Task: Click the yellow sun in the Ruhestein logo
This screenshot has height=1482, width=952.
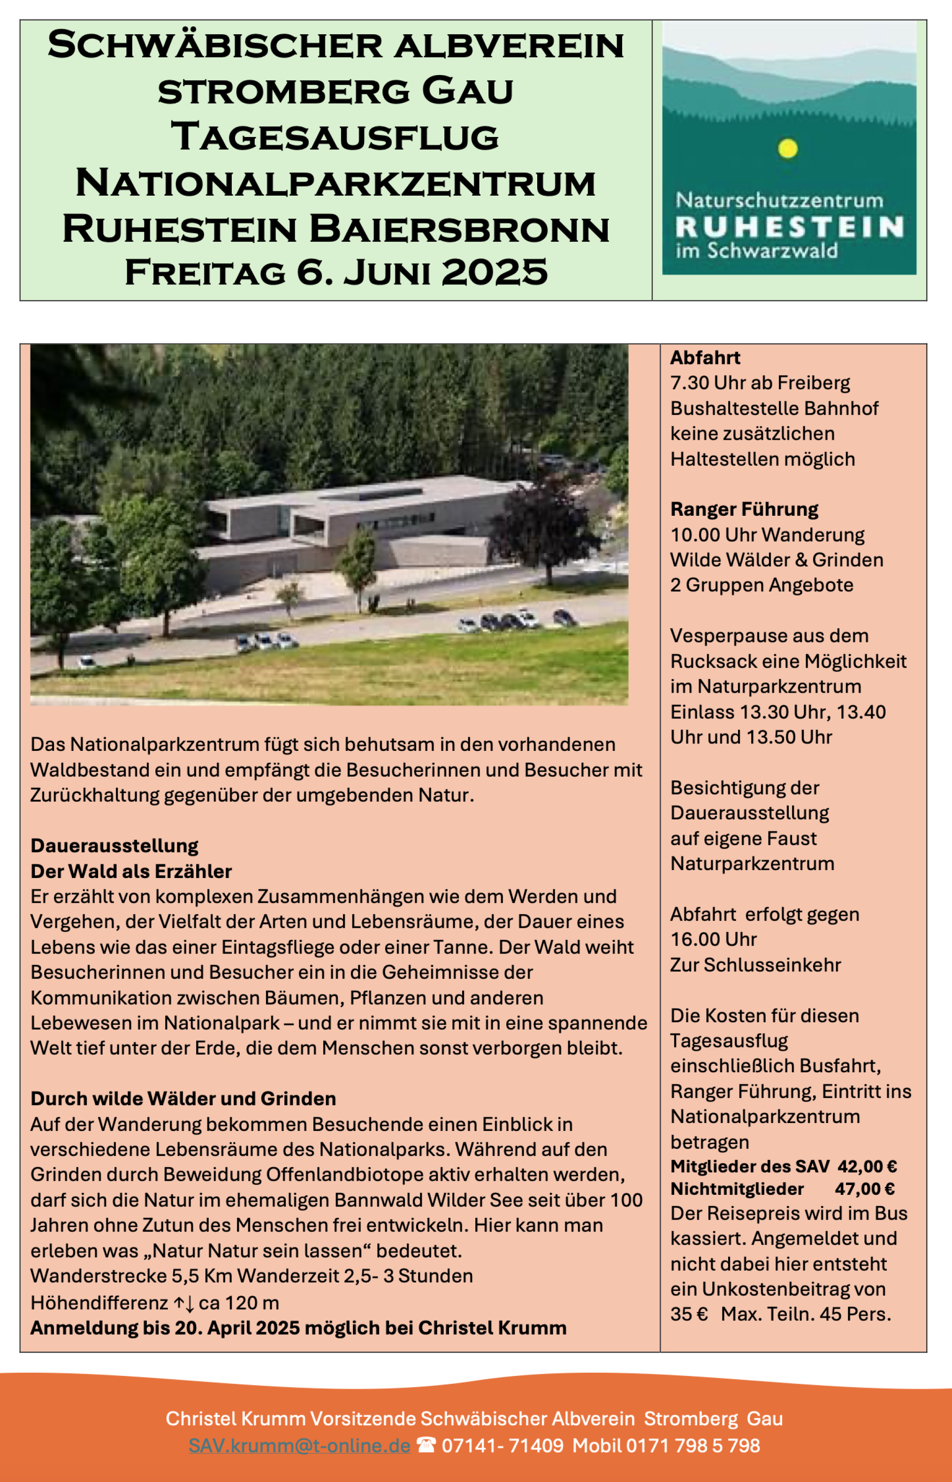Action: (x=788, y=148)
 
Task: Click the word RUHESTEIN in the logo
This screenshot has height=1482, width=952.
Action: (x=789, y=227)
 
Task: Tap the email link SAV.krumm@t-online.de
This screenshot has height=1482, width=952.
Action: (x=299, y=1445)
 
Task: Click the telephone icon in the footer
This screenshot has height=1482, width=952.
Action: (x=426, y=1445)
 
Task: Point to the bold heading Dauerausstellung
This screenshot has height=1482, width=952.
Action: (x=114, y=845)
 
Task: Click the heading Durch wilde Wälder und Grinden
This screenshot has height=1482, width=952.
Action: (x=183, y=1098)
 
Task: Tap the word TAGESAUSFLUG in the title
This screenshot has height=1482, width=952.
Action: (x=335, y=137)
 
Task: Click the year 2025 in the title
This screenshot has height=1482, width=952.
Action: (x=495, y=272)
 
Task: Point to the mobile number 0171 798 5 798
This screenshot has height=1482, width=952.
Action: (x=693, y=1445)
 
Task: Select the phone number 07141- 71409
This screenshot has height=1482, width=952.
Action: (x=503, y=1445)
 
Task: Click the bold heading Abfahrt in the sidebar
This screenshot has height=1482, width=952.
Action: (x=705, y=358)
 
